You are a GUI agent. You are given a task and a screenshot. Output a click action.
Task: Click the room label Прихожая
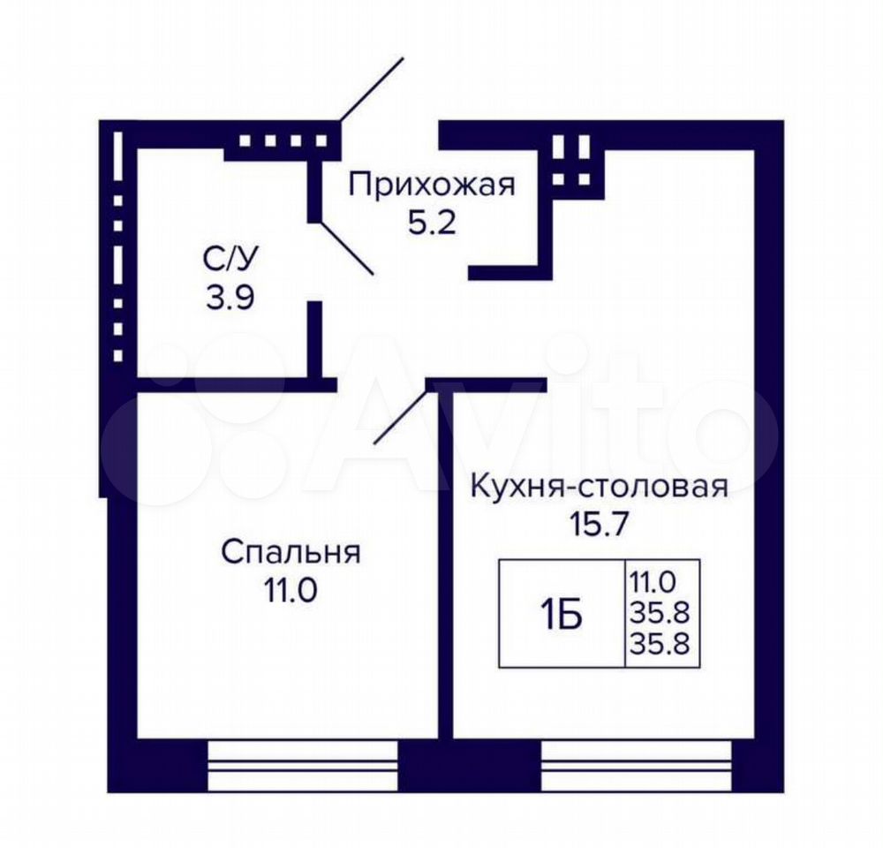(432, 185)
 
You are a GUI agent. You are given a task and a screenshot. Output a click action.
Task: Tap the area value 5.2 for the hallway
(432, 224)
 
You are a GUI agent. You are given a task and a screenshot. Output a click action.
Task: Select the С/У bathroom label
(230, 260)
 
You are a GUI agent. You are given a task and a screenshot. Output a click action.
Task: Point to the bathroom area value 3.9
(230, 298)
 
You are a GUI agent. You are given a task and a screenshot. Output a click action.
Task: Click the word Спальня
(291, 553)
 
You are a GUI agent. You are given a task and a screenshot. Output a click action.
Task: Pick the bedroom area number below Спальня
(291, 590)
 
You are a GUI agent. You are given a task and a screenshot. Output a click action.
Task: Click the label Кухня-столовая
(599, 486)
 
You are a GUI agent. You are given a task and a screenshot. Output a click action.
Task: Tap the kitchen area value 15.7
(599, 524)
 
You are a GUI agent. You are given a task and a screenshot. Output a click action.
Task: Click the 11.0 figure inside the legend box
(653, 581)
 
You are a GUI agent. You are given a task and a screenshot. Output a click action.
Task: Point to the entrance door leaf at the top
(373, 89)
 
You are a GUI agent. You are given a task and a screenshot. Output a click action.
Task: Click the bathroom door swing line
(346, 248)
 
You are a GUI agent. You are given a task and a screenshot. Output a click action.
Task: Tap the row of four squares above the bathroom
(283, 140)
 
